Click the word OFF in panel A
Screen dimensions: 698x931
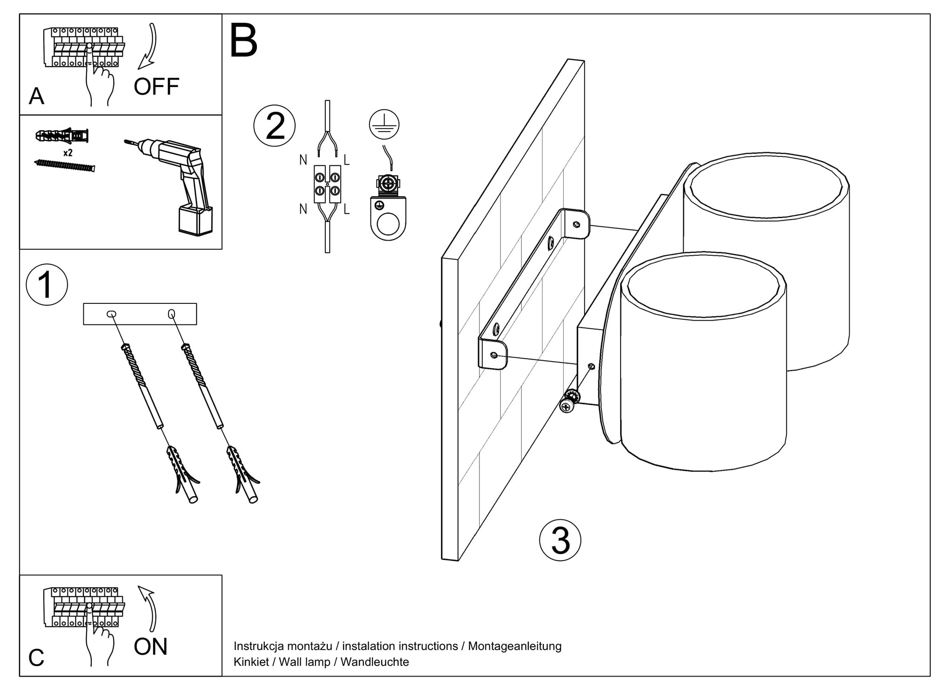156,87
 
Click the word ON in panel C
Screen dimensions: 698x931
150,647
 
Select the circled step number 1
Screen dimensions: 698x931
47,285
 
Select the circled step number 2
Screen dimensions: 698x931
275,126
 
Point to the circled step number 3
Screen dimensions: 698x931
560,540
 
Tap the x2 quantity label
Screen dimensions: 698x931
67,153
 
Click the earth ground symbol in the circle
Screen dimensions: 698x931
384,124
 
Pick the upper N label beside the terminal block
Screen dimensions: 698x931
303,160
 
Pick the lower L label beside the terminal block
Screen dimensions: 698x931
346,209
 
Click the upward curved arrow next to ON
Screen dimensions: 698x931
149,607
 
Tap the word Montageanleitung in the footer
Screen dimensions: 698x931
514,646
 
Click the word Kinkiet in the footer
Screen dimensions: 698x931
251,662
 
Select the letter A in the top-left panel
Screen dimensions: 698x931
36,96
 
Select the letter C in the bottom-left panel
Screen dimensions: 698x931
36,658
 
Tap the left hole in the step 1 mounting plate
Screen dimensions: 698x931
111,315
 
